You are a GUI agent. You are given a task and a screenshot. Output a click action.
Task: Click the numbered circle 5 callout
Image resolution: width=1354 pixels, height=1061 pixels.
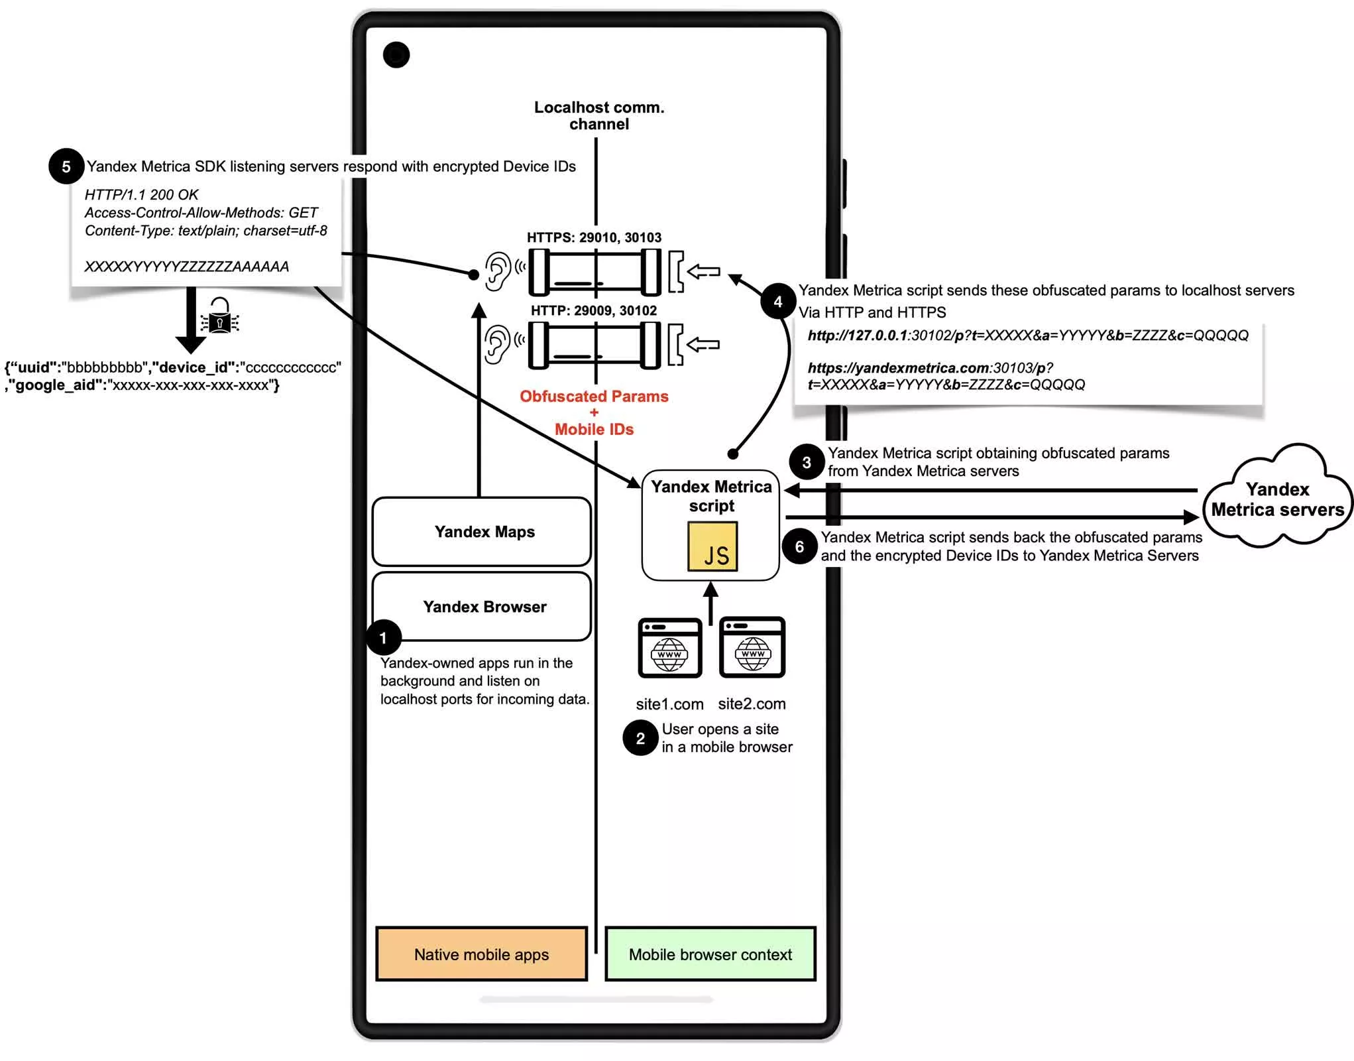click(x=66, y=166)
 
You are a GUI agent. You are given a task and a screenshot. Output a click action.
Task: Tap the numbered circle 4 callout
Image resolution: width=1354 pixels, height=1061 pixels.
click(x=778, y=302)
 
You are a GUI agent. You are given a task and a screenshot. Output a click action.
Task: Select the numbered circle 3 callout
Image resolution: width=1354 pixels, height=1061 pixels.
click(x=806, y=462)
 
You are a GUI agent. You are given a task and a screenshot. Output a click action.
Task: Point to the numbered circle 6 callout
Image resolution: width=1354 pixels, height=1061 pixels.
click(x=799, y=546)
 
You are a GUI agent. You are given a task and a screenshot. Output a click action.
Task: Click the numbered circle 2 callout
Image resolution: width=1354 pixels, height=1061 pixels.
click(x=640, y=738)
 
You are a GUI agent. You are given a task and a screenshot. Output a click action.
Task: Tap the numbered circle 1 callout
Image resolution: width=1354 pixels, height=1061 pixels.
click(x=383, y=638)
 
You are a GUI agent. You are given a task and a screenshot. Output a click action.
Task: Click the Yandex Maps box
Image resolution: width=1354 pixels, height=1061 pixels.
click(x=482, y=532)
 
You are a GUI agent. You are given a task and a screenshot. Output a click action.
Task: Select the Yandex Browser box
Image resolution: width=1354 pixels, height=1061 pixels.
click(x=482, y=607)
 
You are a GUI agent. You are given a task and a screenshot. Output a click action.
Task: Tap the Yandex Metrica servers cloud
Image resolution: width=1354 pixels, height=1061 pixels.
click(x=1277, y=499)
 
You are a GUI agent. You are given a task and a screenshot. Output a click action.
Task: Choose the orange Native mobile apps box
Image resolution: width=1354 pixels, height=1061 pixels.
click(x=482, y=954)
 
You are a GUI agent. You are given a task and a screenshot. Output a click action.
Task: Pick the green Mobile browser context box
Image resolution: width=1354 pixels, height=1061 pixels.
click(x=710, y=954)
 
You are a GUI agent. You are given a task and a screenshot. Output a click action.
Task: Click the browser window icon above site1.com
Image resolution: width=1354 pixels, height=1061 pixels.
click(x=669, y=648)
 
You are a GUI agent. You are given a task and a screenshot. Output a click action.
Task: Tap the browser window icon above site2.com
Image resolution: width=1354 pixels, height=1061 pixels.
click(x=752, y=647)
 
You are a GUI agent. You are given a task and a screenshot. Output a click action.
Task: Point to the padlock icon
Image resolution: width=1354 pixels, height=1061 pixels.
click(x=220, y=316)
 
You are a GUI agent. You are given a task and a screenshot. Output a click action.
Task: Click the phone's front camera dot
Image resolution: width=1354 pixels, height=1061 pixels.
click(x=396, y=55)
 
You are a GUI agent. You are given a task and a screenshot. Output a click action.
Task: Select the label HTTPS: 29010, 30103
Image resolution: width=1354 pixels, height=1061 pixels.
click(x=594, y=237)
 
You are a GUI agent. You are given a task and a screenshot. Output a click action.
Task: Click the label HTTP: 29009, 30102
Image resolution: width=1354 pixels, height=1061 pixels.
click(x=594, y=310)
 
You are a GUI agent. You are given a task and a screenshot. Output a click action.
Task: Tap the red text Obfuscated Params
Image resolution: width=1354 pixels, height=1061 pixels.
click(x=594, y=397)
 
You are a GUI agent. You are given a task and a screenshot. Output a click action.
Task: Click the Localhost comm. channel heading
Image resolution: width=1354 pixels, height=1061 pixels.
click(x=599, y=115)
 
